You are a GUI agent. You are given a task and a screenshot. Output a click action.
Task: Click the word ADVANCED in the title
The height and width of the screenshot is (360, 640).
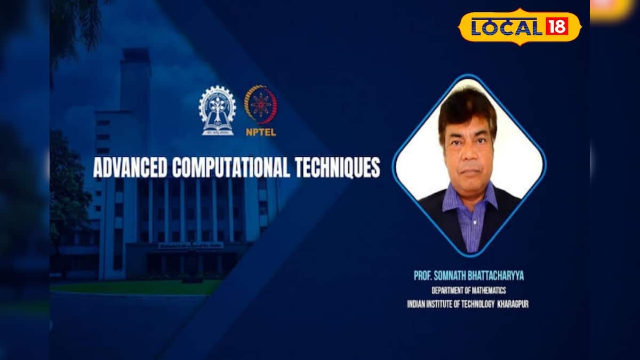[130, 167]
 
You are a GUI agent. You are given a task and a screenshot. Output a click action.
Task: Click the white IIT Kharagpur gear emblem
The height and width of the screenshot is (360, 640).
[217, 110]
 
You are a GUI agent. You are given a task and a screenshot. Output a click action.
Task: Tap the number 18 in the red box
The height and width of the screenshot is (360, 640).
[556, 26]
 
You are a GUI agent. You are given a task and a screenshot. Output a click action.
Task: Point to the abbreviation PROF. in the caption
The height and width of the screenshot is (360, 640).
[423, 276]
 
